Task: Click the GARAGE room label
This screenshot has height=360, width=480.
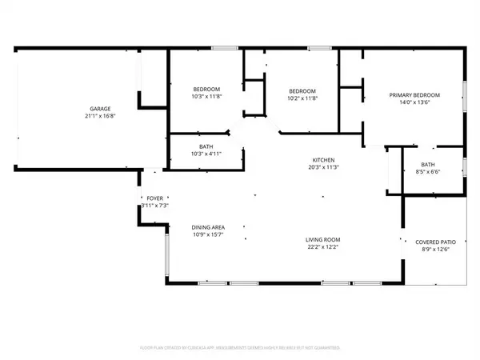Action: pyautogui.click(x=100, y=109)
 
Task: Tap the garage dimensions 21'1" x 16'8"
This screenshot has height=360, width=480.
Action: pyautogui.click(x=100, y=116)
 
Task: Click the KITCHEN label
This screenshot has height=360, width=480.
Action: pyautogui.click(x=322, y=160)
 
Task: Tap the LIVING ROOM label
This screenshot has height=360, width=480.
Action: pyautogui.click(x=322, y=239)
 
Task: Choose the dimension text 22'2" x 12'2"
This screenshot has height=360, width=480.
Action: pyautogui.click(x=322, y=246)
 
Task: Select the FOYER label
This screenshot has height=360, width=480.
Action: pyautogui.click(x=154, y=198)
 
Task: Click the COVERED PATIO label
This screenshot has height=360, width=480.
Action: pyautogui.click(x=434, y=242)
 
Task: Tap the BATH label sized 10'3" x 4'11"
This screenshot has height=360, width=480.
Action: pyautogui.click(x=206, y=146)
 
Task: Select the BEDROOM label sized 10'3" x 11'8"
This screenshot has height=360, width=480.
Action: pyautogui.click(x=206, y=89)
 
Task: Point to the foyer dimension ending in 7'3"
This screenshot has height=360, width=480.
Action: pyautogui.click(x=154, y=206)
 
